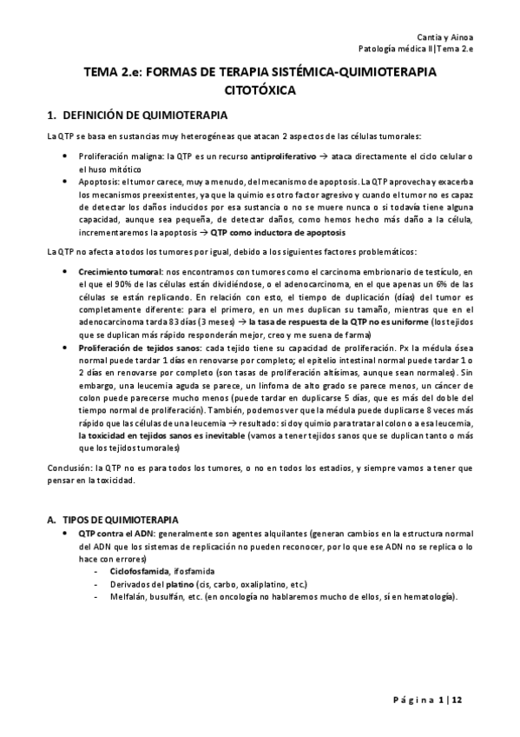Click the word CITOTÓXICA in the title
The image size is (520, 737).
pos(260,90)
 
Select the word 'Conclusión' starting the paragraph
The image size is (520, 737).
pos(69,468)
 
